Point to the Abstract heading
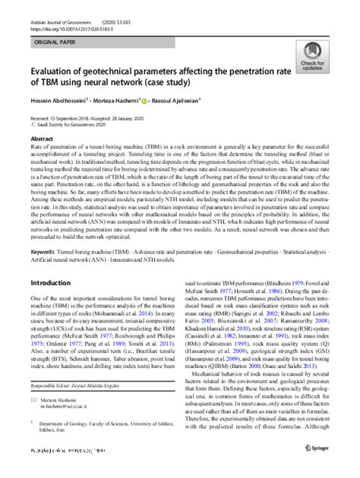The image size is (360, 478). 42,140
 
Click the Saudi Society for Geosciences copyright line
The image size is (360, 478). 72,127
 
